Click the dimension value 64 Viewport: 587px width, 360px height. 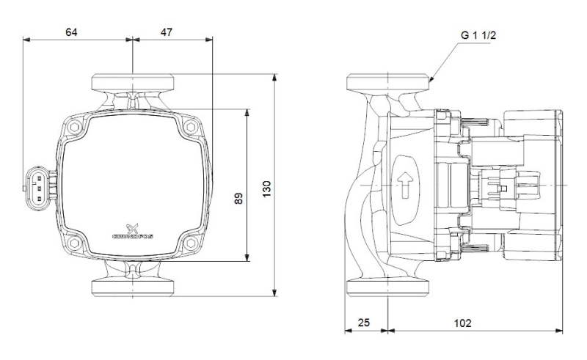(x=71, y=32)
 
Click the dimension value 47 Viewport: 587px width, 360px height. (x=167, y=32)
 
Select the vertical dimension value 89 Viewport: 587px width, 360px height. (x=238, y=199)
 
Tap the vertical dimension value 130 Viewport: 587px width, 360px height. (x=266, y=189)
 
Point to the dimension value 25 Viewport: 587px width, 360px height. (x=363, y=322)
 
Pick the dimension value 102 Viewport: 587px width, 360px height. (x=463, y=323)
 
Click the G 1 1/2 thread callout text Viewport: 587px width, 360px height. (x=478, y=35)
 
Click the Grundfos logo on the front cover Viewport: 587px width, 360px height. (x=133, y=232)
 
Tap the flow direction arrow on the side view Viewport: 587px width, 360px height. (x=405, y=185)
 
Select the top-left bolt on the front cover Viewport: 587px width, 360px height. (x=75, y=128)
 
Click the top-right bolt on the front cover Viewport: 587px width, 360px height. (x=191, y=128)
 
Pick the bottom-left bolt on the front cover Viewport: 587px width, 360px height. (x=75, y=243)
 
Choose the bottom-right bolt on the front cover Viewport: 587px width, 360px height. (x=191, y=243)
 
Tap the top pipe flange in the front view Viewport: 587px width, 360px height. (x=133, y=82)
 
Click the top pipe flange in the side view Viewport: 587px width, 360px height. (x=388, y=82)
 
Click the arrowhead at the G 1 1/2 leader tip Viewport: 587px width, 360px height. (x=431, y=79)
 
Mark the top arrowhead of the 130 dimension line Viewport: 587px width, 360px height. (x=274, y=78)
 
